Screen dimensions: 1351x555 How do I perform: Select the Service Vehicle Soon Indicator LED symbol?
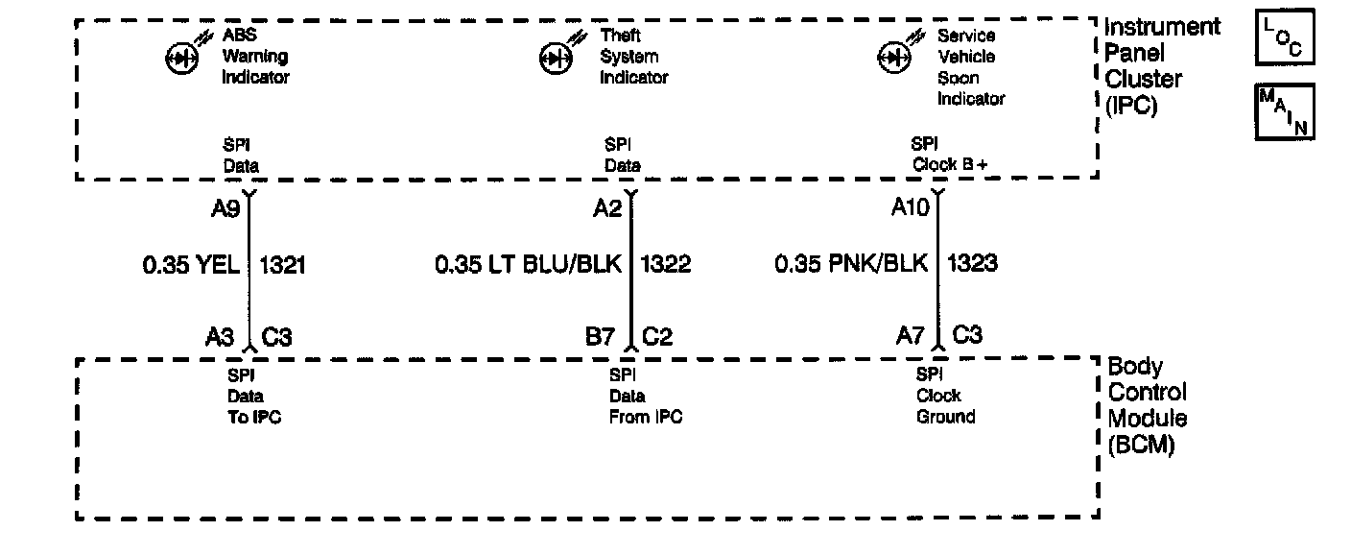(894, 58)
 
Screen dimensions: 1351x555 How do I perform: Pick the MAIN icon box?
(1284, 111)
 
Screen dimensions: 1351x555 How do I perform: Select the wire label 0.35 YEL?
(191, 264)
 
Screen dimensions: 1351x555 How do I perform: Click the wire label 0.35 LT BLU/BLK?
(529, 264)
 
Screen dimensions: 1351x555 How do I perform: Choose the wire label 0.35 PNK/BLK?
(851, 264)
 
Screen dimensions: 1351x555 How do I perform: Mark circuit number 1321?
(282, 264)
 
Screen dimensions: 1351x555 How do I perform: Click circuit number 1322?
(666, 264)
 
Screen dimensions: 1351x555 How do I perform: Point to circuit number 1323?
(972, 264)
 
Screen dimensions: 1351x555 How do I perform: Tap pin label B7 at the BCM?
(602, 336)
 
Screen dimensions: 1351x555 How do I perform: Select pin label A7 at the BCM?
(912, 336)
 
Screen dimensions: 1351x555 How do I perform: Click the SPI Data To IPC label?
(253, 396)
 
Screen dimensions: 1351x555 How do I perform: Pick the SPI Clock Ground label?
(945, 396)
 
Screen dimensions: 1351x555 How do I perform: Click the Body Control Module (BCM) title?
(1148, 406)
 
